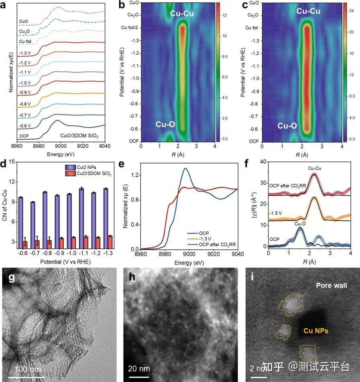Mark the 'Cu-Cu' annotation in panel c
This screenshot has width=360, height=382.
point(308,11)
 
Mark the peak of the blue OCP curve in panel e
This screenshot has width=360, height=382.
point(185,168)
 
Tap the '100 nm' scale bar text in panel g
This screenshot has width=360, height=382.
point(28,368)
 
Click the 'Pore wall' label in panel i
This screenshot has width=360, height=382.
point(332,286)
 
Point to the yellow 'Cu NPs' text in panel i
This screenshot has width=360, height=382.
point(315,331)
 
